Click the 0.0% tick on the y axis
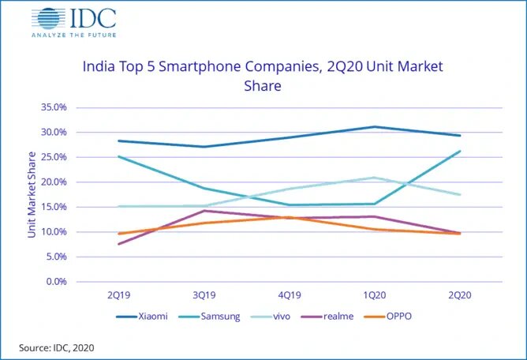coord(55,282)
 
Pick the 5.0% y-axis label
coord(55,257)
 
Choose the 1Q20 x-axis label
coord(375,294)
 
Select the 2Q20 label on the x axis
coord(460,294)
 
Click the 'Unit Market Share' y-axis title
coord(32,194)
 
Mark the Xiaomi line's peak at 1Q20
coord(375,126)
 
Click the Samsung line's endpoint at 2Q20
coord(460,151)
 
